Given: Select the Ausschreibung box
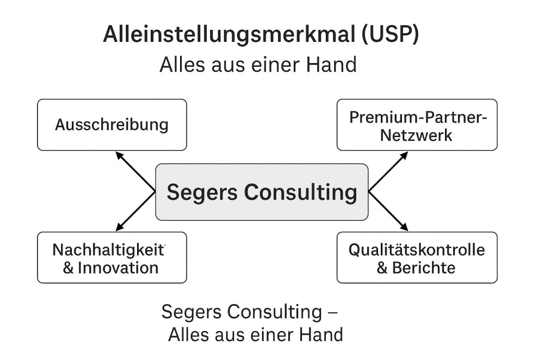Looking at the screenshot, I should pos(112,125).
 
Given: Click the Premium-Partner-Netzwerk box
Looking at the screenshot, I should pos(417,125).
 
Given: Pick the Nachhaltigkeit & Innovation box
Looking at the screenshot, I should pos(112,258).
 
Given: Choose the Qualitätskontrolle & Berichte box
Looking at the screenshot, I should pos(417,258).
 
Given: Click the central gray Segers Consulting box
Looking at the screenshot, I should pos(262,192).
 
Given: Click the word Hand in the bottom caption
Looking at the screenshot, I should pos(323,334).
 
